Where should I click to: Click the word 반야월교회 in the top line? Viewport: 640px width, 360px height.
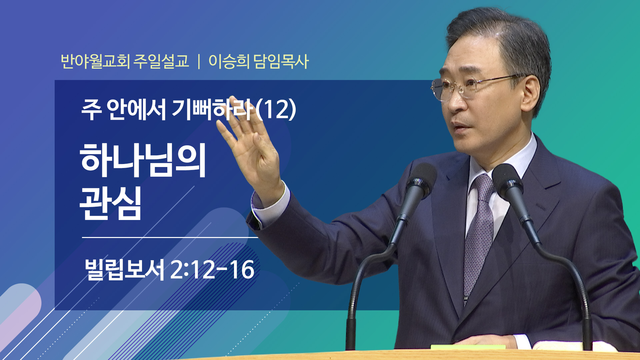95,61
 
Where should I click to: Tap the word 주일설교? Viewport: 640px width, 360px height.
161,61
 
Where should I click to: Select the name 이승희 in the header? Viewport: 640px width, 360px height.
229,61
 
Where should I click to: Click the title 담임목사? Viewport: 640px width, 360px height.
281,61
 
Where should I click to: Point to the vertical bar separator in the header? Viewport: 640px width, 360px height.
199,62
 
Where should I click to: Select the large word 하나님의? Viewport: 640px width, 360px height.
143,160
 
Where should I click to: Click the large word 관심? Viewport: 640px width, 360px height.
111,203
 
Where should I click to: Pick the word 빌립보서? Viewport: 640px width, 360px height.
124,269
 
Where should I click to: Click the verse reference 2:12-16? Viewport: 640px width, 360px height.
212,269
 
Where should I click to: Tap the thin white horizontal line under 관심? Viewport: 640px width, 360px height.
170,237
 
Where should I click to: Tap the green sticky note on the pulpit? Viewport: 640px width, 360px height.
468,347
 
